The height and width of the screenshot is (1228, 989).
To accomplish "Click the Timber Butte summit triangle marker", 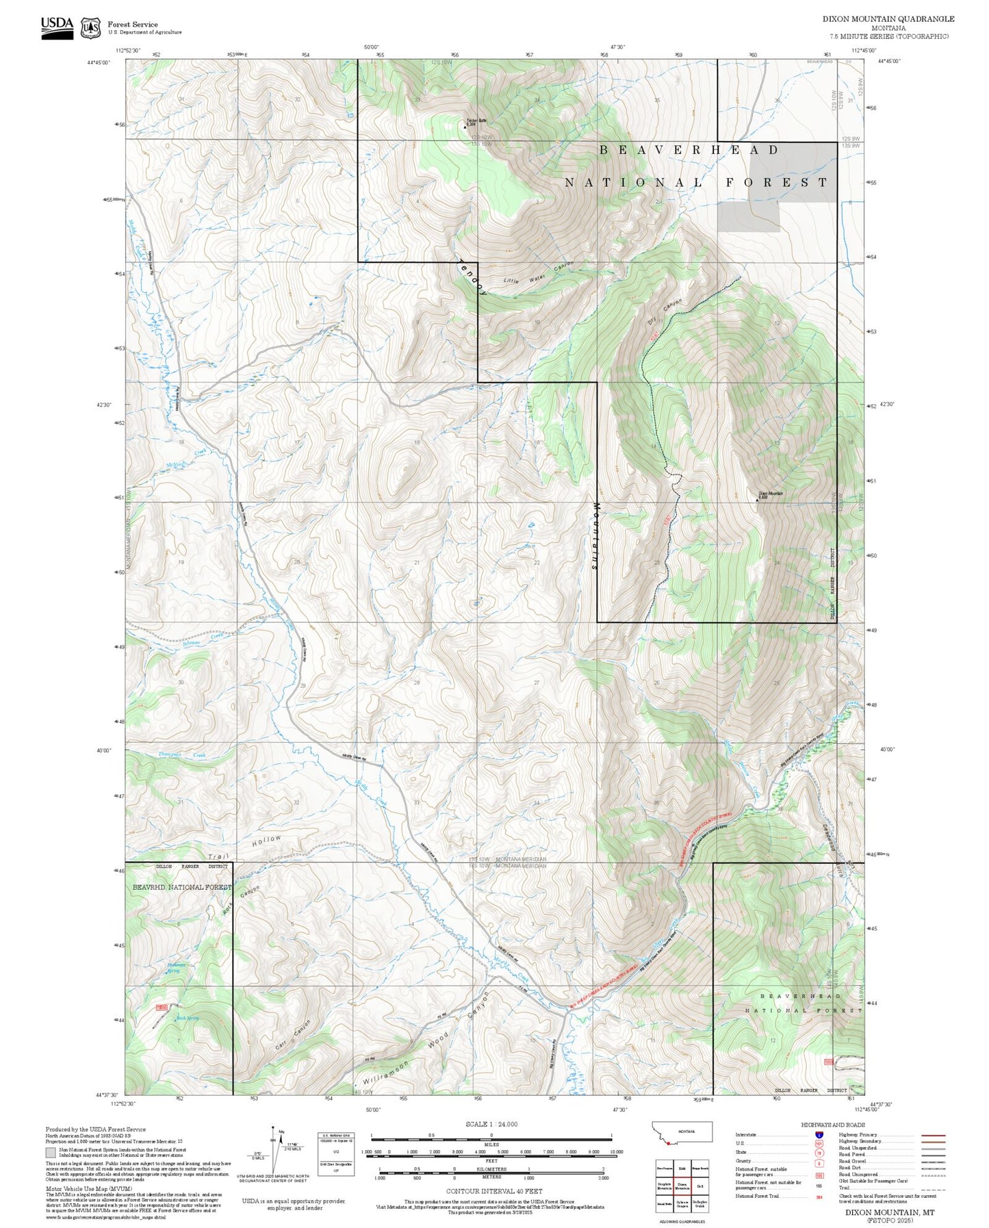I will [465, 127].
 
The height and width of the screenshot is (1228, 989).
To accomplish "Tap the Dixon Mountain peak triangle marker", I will [756, 500].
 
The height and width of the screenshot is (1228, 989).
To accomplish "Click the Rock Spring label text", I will [187, 1018].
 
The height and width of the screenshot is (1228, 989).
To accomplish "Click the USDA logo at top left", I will [57, 27].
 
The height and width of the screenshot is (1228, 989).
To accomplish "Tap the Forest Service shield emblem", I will [90, 27].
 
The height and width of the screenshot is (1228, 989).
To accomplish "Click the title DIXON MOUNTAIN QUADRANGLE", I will [888, 19].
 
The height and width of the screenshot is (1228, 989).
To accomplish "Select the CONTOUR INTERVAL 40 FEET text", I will [493, 1191].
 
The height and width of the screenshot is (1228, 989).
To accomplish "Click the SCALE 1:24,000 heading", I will [491, 1124].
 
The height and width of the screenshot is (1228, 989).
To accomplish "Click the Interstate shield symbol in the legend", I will [819, 1135].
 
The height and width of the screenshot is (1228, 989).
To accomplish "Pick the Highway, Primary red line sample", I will [933, 1135].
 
